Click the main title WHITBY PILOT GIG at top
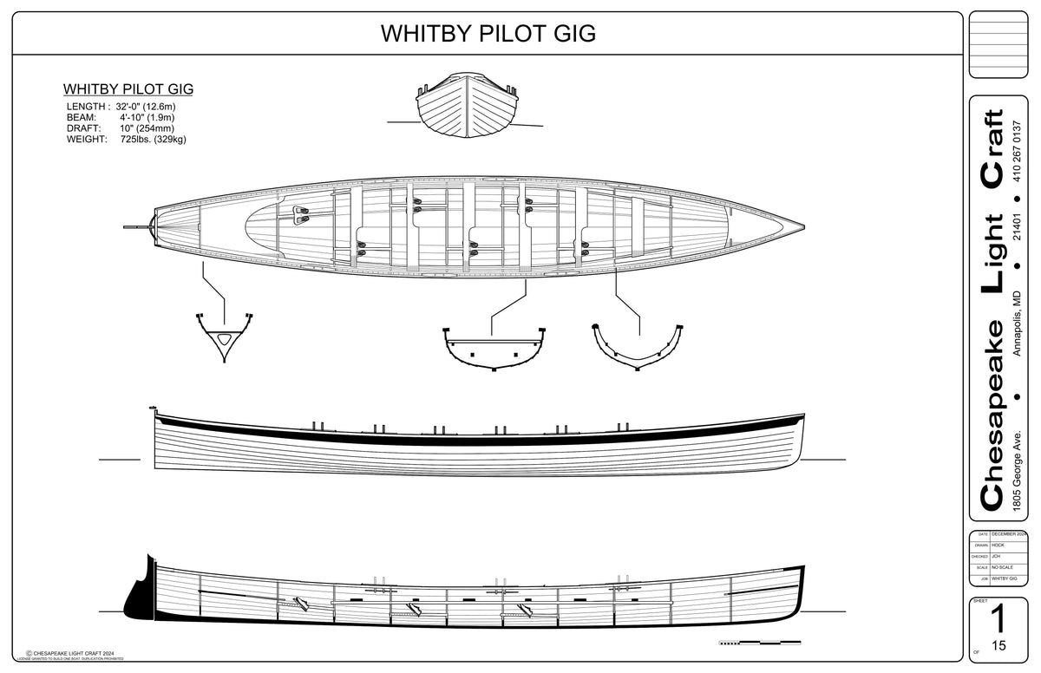[488, 34]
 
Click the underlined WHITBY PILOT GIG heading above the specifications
[128, 89]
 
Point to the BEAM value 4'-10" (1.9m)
[147, 117]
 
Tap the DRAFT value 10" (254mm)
[147, 128]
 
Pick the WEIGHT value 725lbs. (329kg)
[154, 139]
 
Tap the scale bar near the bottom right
[758, 643]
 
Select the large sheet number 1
[998, 619]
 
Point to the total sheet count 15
[998, 646]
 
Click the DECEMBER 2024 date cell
[1009, 534]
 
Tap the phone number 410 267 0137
[1017, 147]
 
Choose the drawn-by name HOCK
[998, 545]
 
